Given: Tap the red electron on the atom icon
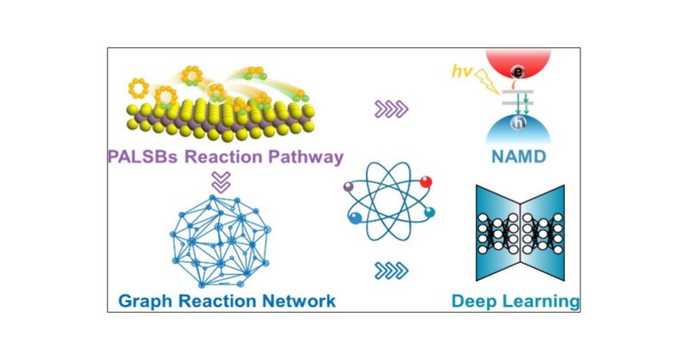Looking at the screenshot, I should click(x=426, y=181).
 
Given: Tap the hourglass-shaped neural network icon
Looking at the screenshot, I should click(x=523, y=235).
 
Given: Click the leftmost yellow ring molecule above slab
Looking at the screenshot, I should click(x=138, y=86).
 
